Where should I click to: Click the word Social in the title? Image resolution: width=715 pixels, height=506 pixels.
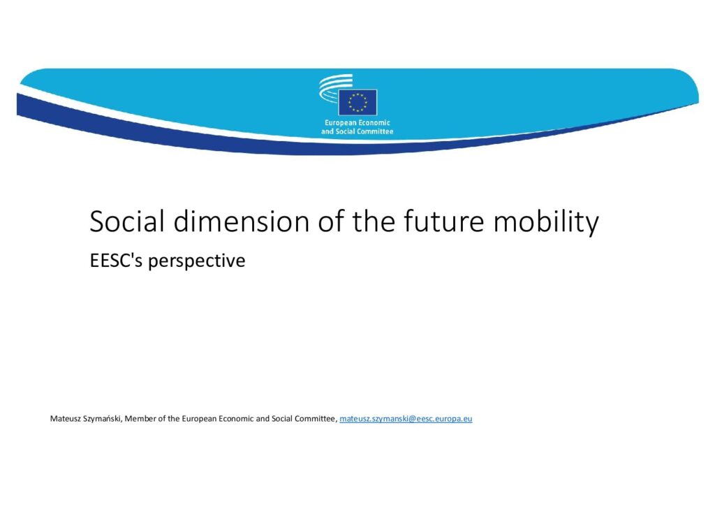coord(127,222)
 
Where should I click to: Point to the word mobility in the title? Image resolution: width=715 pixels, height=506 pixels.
coord(546,223)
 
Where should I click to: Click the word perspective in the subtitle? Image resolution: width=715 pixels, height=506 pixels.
coord(196,261)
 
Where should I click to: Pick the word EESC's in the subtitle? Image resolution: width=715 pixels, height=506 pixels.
coord(117,261)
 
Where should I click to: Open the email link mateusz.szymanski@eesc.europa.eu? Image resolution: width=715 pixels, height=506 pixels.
coord(406,419)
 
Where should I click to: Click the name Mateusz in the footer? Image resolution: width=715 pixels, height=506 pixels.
coord(65,419)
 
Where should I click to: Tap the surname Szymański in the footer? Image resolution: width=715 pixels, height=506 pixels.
coord(103,419)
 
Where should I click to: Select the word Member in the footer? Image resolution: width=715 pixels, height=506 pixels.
coord(140,419)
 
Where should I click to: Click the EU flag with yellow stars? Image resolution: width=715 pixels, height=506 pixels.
coord(357,103)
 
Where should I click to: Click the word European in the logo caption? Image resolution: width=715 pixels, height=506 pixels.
coord(340,123)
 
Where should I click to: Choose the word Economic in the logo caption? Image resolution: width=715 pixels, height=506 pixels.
coord(374,123)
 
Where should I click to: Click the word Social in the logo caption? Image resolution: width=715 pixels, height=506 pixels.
coord(345,131)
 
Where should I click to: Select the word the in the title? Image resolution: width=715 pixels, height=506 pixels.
coord(373,222)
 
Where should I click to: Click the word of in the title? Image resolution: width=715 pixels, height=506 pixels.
coord(330,222)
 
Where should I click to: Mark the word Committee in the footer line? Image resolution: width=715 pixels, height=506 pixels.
coord(315,419)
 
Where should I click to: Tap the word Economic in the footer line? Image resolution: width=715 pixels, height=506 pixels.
coord(237,419)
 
